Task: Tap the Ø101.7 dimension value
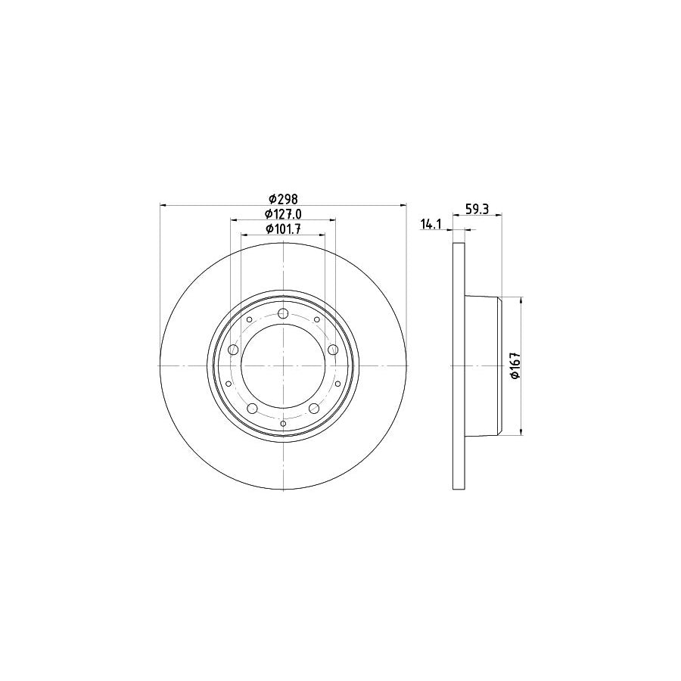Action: [283, 229]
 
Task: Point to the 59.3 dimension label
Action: [476, 210]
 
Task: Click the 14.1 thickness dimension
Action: [430, 224]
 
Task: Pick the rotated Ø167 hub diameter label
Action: [514, 366]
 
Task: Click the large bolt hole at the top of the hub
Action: [283, 314]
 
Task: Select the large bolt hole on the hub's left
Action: [233, 350]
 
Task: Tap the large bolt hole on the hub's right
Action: [332, 350]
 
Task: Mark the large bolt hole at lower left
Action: [252, 409]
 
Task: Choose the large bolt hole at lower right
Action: [313, 409]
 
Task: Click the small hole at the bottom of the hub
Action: [283, 424]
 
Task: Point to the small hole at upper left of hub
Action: [249, 320]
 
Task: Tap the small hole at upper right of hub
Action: [316, 320]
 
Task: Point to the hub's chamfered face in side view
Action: [499, 366]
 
